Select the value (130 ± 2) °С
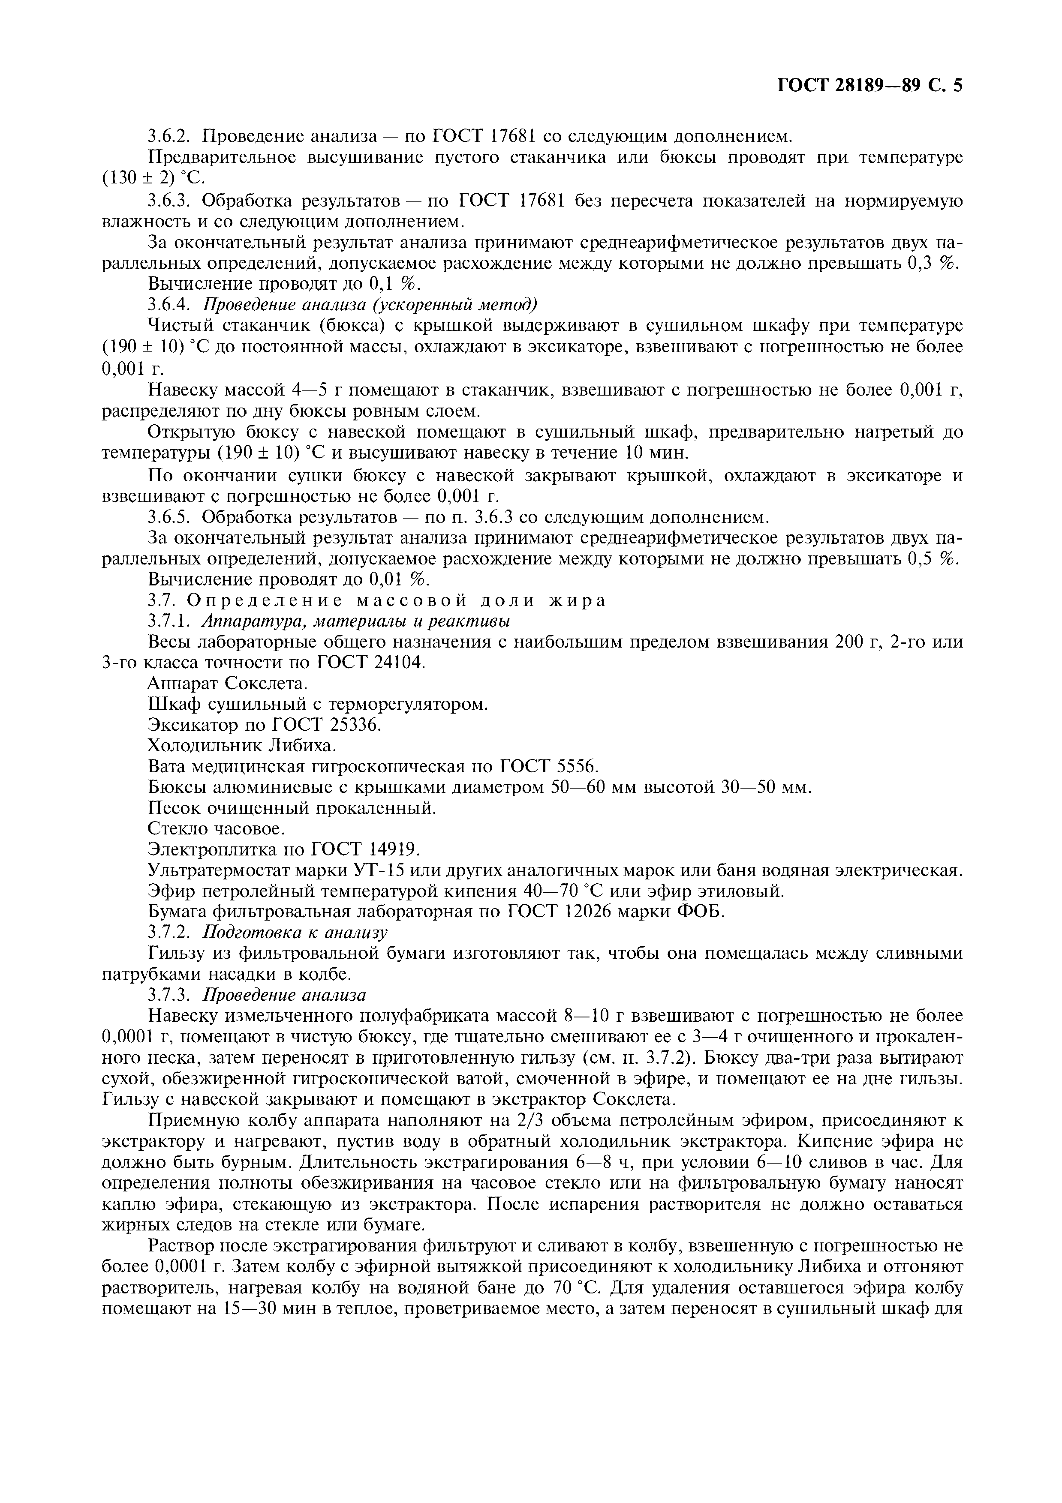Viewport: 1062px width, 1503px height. click(154, 178)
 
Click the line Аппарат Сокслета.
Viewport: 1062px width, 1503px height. click(227, 684)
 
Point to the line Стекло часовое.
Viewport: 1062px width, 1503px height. click(216, 829)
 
